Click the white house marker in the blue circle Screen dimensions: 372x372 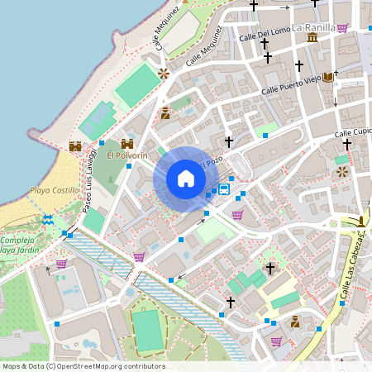(x=185, y=179)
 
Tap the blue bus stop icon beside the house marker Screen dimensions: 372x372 (x=224, y=189)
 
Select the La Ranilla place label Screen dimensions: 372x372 (x=313, y=27)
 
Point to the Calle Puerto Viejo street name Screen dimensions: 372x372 (x=292, y=83)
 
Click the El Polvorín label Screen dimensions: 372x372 (x=126, y=155)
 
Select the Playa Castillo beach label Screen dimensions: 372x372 (x=54, y=190)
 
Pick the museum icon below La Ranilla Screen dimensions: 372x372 (x=312, y=39)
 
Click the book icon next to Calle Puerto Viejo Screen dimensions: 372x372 (x=329, y=77)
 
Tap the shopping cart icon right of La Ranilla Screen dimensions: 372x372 (x=342, y=27)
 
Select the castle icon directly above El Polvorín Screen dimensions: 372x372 (x=127, y=143)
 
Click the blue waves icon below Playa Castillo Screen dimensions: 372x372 (x=49, y=219)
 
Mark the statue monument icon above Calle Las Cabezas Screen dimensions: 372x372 (x=362, y=221)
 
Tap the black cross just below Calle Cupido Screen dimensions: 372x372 (x=347, y=144)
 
